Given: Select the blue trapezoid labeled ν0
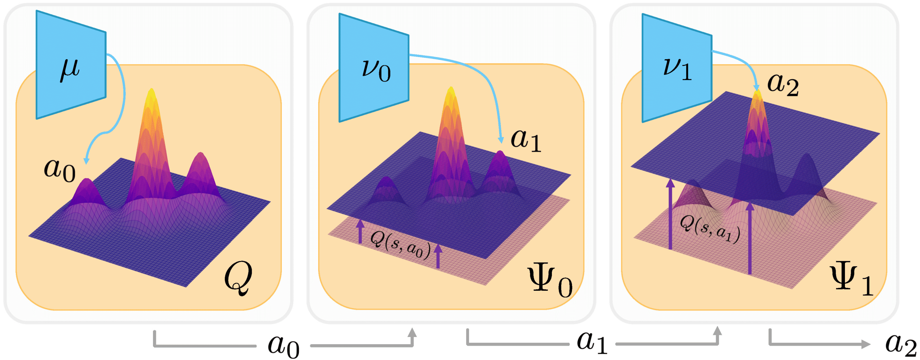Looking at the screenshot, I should point(374,68).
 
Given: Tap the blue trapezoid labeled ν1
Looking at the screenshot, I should point(677,68).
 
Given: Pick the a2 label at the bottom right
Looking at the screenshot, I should point(901,344).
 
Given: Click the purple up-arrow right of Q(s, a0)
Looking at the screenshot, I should point(438,256).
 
